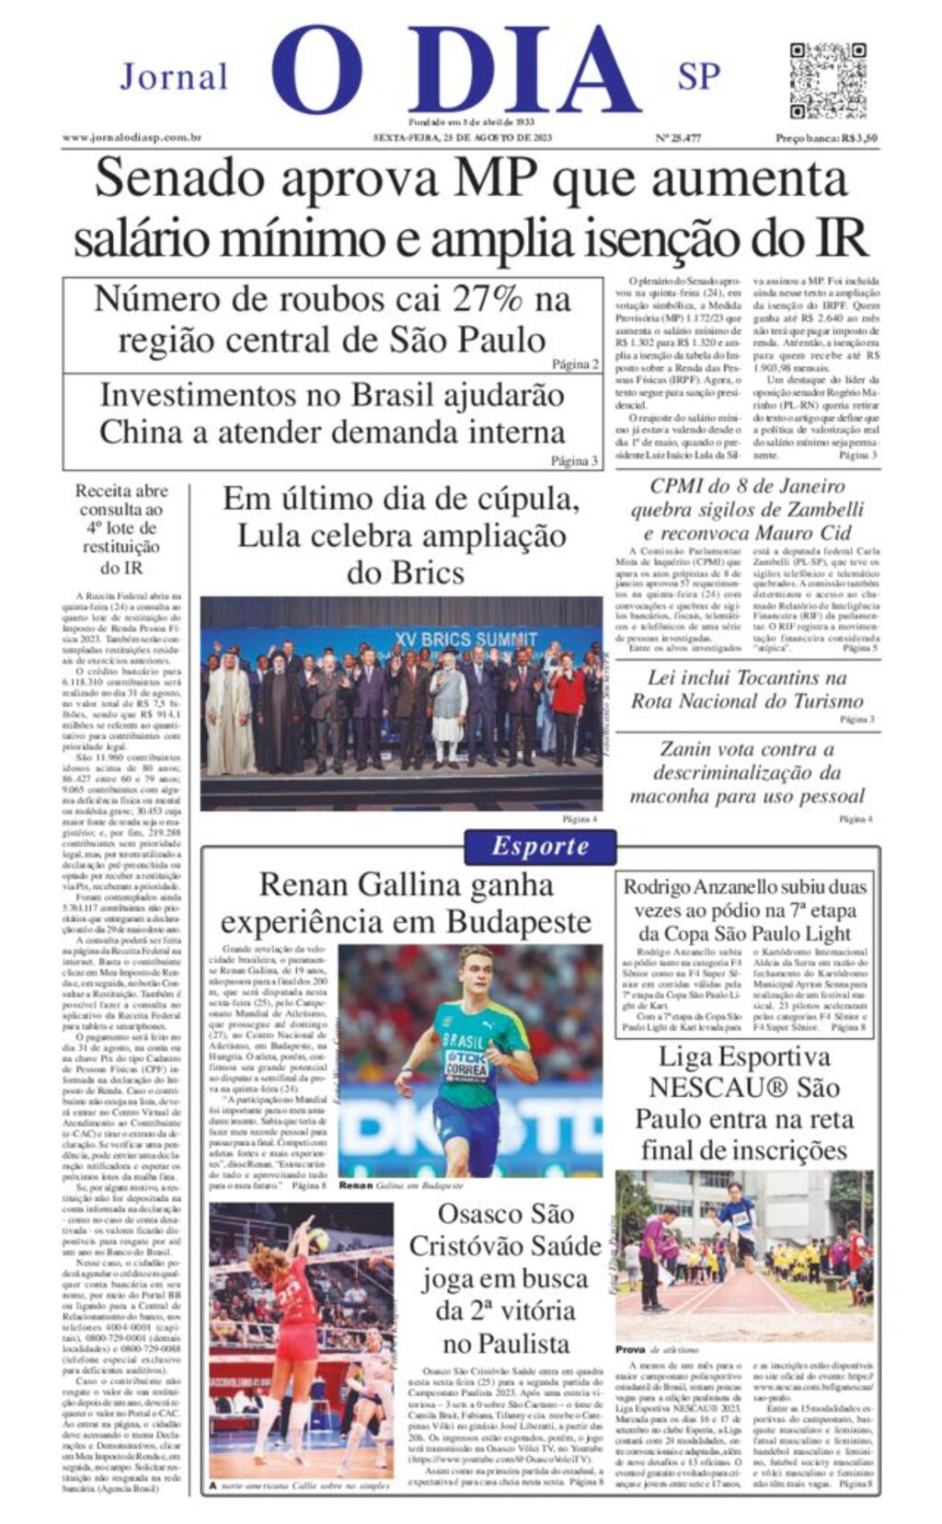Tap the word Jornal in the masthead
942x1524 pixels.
174,77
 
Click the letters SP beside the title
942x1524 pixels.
698,77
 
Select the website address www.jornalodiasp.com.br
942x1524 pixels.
132,138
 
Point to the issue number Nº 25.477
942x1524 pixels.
677,138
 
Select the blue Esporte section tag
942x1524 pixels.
540,846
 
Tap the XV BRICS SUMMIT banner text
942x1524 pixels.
465,639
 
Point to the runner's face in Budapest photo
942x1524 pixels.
477,969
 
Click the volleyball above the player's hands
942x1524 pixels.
318,1240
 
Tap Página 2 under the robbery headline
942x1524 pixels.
575,364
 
